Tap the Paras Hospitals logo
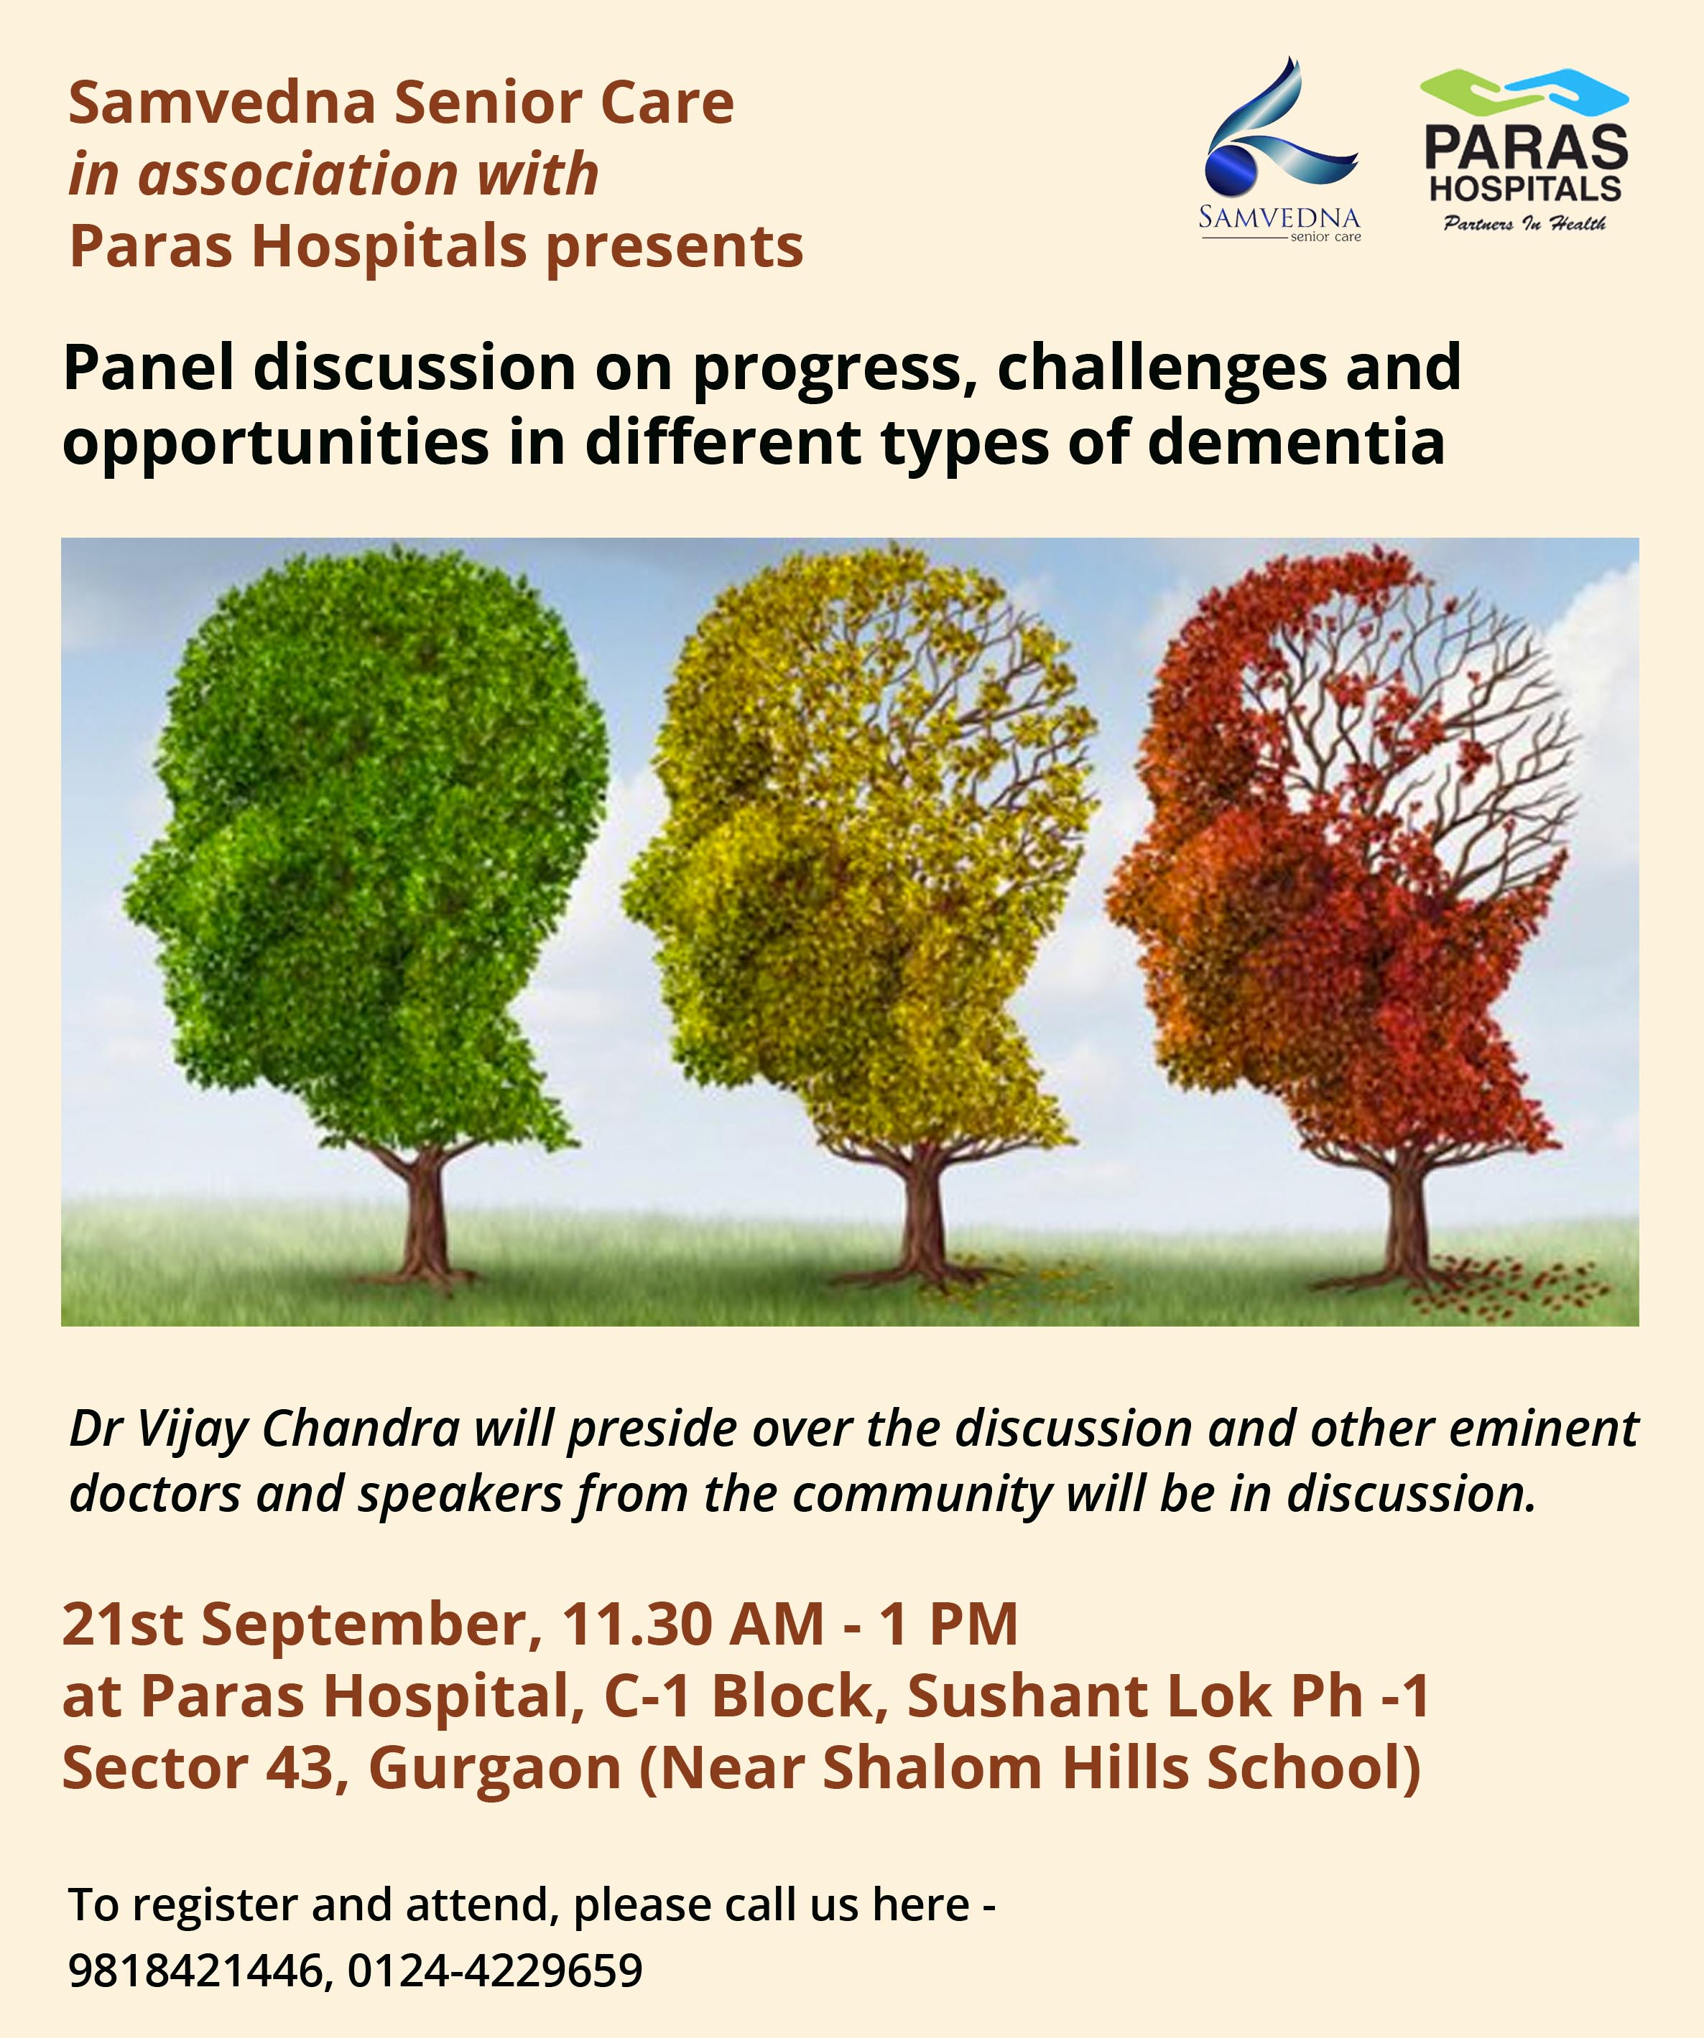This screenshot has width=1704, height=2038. point(1524,151)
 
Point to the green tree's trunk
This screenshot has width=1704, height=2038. point(425,1213)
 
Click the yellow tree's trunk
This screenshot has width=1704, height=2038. point(917,1213)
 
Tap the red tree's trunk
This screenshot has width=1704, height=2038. point(1405,1213)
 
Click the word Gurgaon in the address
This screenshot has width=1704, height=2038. point(495,1770)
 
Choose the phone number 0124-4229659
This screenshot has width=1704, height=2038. point(495,1970)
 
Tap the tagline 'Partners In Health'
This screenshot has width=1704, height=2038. point(1524,224)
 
